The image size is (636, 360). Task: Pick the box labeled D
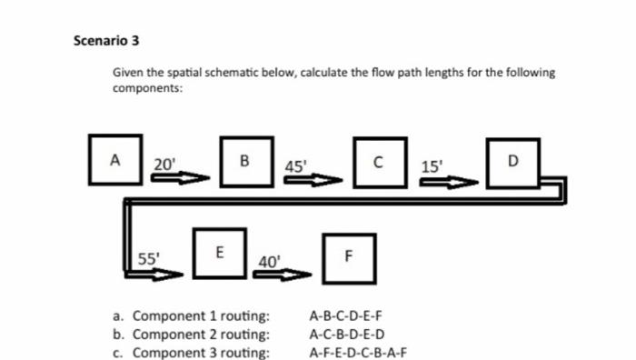click(x=512, y=163)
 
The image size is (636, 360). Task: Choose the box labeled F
click(x=346, y=255)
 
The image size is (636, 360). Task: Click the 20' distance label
click(x=165, y=164)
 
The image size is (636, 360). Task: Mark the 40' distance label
click(x=268, y=262)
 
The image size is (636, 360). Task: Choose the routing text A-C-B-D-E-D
click(x=347, y=335)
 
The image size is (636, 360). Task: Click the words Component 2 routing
click(x=201, y=335)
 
